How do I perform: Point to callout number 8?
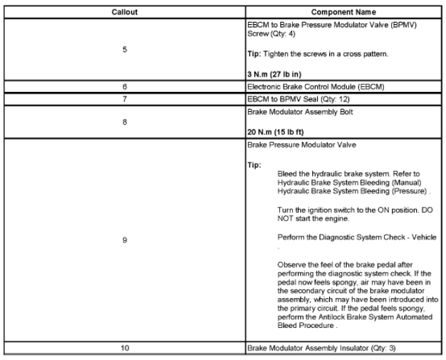pos(124,122)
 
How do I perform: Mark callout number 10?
pos(124,349)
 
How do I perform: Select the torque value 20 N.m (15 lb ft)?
pos(283,133)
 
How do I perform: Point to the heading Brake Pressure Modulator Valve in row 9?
pos(302,144)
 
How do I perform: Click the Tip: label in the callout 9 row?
pos(254,165)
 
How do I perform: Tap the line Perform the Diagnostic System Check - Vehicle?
pos(357,237)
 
